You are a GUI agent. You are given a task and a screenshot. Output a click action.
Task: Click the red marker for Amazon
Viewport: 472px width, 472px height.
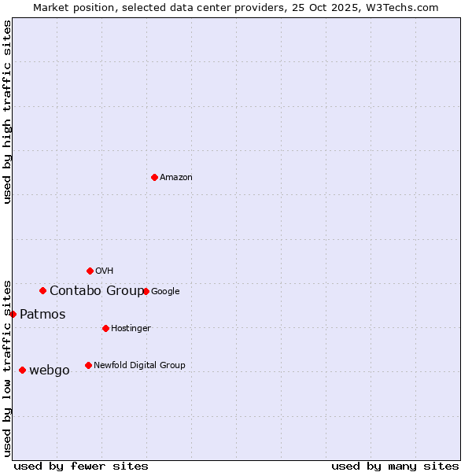pos(154,177)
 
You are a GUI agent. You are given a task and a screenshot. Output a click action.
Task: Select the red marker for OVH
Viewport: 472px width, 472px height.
pos(90,271)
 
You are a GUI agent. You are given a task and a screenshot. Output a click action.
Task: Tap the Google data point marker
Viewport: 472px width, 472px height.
pos(146,291)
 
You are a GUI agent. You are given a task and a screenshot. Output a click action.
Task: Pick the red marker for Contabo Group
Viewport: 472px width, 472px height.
pos(42,290)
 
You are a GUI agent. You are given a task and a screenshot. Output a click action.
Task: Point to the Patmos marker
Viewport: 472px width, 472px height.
pos(13,314)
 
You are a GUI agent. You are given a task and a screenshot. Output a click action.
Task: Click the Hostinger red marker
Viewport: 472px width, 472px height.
pos(105,328)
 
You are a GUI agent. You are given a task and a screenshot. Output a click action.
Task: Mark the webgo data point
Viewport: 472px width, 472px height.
pos(22,370)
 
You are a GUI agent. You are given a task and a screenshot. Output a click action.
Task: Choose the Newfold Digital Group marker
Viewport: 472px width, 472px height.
pos(88,365)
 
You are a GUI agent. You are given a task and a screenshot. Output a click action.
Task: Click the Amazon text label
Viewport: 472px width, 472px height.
pos(176,178)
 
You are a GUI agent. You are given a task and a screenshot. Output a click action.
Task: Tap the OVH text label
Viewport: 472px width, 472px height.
pos(105,271)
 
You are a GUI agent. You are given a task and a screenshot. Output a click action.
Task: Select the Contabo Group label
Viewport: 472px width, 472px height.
pos(97,291)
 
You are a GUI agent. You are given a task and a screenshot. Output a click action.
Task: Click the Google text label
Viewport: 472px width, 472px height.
pos(165,292)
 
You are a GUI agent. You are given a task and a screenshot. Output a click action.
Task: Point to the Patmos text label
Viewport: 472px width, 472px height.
pos(42,315)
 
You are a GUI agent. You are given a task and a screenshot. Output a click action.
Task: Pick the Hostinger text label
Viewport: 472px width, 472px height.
pos(131,329)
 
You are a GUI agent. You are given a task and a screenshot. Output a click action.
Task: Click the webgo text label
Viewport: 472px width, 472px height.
pos(50,371)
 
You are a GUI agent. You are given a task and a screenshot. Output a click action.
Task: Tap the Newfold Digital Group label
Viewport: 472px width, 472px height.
pos(139,366)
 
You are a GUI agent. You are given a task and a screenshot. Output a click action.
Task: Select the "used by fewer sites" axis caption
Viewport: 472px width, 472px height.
pos(81,466)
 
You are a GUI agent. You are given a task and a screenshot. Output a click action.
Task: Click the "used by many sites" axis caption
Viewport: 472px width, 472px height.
pos(395,466)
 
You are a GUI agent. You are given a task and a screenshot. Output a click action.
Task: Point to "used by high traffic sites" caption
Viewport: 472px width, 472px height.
pos(8,112)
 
